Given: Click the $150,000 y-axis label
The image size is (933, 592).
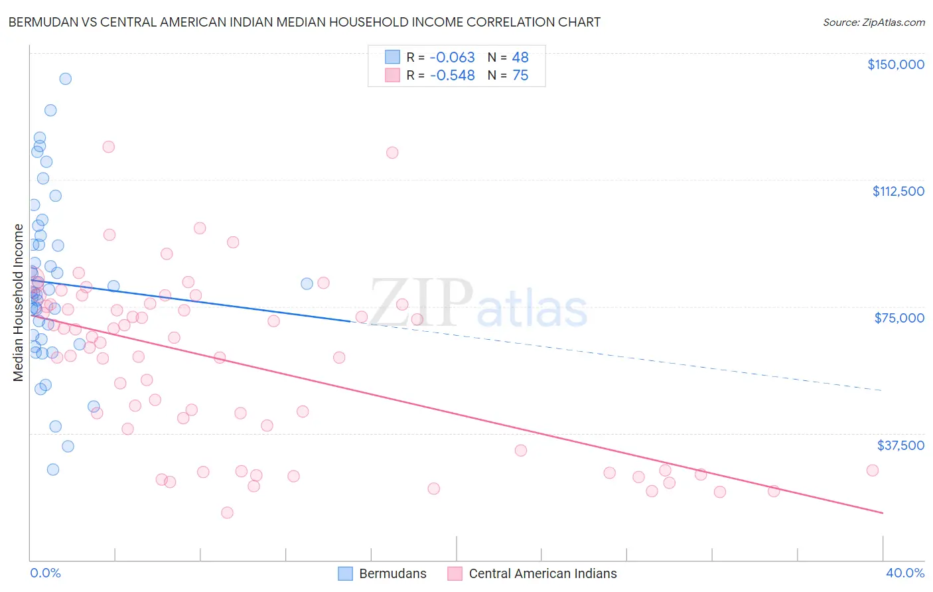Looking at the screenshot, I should point(895,64).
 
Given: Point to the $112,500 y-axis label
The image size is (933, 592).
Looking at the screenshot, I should point(898,191).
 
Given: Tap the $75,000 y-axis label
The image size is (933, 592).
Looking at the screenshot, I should point(899,318).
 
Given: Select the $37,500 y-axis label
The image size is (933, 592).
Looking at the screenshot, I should point(900,445).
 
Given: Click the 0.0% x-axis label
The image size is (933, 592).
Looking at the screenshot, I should point(45,573).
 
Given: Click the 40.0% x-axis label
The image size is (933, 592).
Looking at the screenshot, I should point(904,573).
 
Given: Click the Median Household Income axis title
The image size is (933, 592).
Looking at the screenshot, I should point(19,303).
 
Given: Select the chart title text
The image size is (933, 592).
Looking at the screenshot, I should point(304,22).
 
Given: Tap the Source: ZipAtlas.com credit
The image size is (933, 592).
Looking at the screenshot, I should point(873,23).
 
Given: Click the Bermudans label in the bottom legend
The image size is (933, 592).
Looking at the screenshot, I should point(393,573).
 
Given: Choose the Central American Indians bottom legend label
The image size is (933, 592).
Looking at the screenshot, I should point(542,573).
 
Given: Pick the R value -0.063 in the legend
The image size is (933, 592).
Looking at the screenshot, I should point(452,58).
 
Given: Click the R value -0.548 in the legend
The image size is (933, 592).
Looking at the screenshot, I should point(452,76).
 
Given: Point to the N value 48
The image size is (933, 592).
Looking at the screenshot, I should point(520,58).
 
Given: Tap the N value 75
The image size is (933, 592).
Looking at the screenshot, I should point(520,76).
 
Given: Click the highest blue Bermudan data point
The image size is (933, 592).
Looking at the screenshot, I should point(65,79).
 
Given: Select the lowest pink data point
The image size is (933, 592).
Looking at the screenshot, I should point(227,512).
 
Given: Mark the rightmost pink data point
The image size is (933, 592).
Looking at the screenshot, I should point(872,470).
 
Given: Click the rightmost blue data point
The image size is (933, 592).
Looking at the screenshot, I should point(307,283).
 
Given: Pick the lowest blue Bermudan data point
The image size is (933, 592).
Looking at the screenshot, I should point(53,469).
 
